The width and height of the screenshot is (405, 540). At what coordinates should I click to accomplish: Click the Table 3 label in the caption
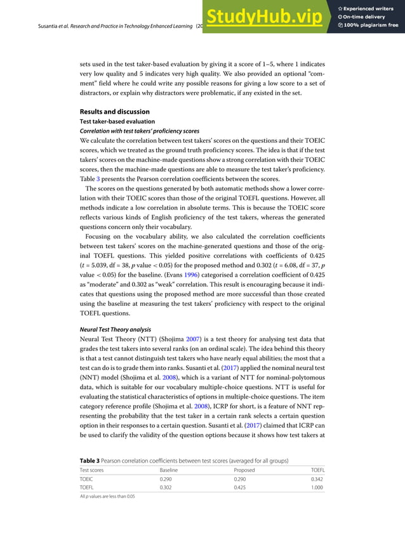(90, 460)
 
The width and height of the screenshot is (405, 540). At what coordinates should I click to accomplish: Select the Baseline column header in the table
(168, 470)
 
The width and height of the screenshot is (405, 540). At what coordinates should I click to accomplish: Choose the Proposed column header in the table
(245, 470)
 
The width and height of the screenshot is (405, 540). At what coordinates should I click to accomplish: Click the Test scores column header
(92, 470)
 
